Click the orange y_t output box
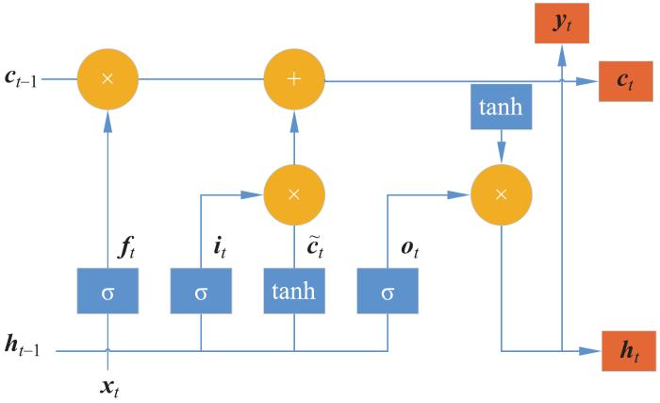tap(562, 22)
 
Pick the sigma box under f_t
tap(107, 291)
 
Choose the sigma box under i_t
tap(201, 291)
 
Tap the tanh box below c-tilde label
tap(294, 291)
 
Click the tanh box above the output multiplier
tap(501, 110)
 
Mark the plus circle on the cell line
tap(294, 79)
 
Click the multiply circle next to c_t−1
tap(107, 79)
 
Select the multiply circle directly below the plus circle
tap(294, 194)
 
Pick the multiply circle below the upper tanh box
tap(501, 194)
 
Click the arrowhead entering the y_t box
tap(562, 54)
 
